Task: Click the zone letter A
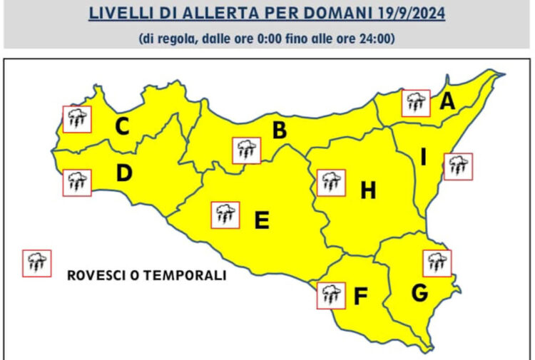(447, 102)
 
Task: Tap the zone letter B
(280, 130)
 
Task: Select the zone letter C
(123, 128)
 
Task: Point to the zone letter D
(123, 173)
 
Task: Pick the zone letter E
(262, 221)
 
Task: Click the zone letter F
(360, 297)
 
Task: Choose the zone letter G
(420, 292)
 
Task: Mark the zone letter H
(367, 190)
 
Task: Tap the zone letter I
(422, 158)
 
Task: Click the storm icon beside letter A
(416, 103)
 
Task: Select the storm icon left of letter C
(77, 118)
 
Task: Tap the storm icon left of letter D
(77, 182)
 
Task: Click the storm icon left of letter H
(330, 182)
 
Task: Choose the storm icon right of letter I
(458, 166)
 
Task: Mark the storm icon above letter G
(437, 263)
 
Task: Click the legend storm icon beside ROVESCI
(36, 263)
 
